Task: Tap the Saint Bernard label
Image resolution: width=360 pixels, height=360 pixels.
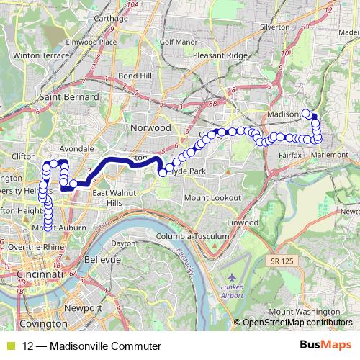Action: (x=71, y=96)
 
